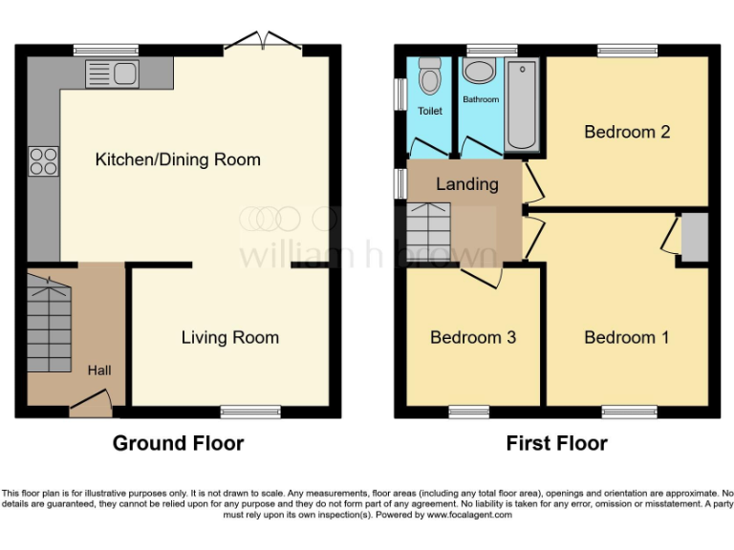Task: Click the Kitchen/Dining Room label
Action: pos(178,159)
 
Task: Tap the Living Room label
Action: pos(230,337)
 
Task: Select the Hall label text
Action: pos(99,370)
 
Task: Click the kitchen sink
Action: pos(113,72)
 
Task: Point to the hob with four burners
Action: pos(43,160)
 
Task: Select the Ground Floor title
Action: pos(178,443)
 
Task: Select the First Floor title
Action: pos(556,443)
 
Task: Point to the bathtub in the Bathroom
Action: pos(522,105)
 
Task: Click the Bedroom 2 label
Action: pos(627,132)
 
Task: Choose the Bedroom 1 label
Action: pos(627,337)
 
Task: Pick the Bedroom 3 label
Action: pos(473,337)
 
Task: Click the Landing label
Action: pos(467,183)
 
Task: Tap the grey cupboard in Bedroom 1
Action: pos(694,237)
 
